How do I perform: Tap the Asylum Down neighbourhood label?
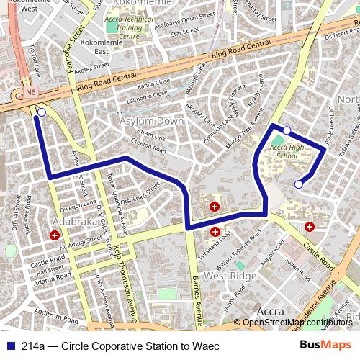(152, 120)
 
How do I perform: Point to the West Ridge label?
(230, 276)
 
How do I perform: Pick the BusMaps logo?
(325, 346)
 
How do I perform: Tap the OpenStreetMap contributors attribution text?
(297, 322)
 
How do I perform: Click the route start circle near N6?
(42, 112)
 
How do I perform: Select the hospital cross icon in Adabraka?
(55, 235)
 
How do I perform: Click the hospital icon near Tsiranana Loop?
(215, 232)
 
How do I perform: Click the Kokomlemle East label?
(91, 48)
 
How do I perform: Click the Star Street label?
(184, 31)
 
